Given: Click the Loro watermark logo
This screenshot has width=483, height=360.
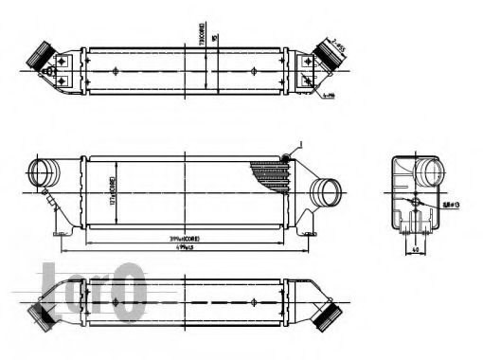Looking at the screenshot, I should (90, 286).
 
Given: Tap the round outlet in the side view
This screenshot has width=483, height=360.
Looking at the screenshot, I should (431, 176).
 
